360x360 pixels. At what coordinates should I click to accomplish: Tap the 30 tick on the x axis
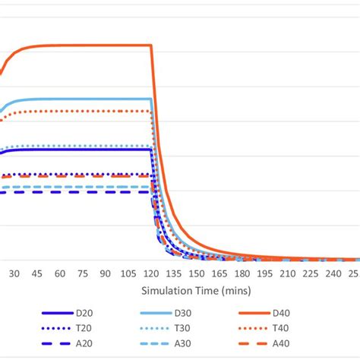tap(14, 273)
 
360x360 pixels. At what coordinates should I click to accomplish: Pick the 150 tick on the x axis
tap(197, 273)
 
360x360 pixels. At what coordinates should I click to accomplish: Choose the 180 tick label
tap(242, 273)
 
